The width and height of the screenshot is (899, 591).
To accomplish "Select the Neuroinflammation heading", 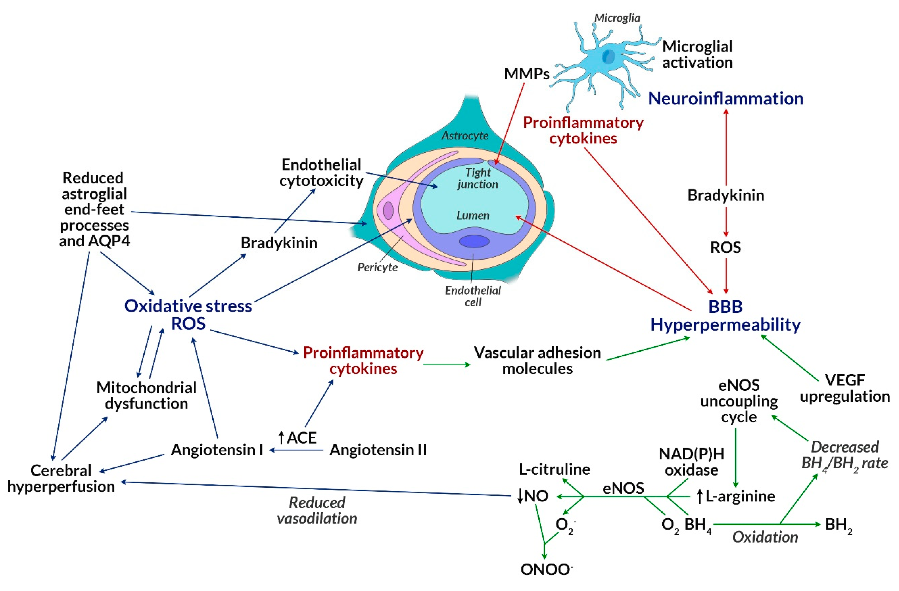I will (x=726, y=99).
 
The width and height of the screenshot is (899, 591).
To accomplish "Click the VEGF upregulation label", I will (x=845, y=388).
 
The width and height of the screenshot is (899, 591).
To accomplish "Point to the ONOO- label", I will (x=546, y=569).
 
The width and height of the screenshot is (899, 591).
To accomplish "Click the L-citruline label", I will (x=554, y=469).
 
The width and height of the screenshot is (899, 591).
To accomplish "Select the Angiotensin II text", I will (x=378, y=450).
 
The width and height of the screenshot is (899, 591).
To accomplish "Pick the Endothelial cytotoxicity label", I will (x=321, y=173).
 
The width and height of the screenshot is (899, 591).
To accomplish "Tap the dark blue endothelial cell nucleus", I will (x=474, y=241).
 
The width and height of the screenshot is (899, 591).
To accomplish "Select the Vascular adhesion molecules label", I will (x=537, y=361).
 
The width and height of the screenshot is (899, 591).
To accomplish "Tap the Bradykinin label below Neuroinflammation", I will (x=726, y=195).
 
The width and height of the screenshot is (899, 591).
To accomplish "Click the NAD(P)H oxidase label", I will (x=691, y=462).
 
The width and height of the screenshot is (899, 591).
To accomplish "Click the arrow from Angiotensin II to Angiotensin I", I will (x=296, y=450).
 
